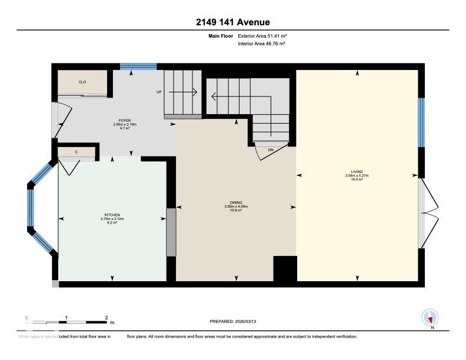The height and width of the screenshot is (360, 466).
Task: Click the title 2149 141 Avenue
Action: [233, 22]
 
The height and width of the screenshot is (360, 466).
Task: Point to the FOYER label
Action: [124, 121]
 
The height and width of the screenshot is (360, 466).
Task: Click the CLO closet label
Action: [82, 82]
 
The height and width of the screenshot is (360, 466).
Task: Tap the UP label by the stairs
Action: [159, 92]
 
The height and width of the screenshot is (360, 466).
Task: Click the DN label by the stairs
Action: [271, 151]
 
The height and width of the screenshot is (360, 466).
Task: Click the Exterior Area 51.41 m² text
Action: [262, 36]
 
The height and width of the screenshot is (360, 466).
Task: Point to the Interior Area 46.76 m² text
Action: [262, 44]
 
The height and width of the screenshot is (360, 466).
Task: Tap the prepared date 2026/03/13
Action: [233, 321]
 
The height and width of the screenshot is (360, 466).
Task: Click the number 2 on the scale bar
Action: [106, 318]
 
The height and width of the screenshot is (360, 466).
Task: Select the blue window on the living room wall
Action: [421, 122]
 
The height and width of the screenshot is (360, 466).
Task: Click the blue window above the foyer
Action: [138, 66]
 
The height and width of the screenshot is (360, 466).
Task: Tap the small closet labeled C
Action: [76, 152]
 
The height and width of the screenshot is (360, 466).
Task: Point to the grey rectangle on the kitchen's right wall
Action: [171, 232]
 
